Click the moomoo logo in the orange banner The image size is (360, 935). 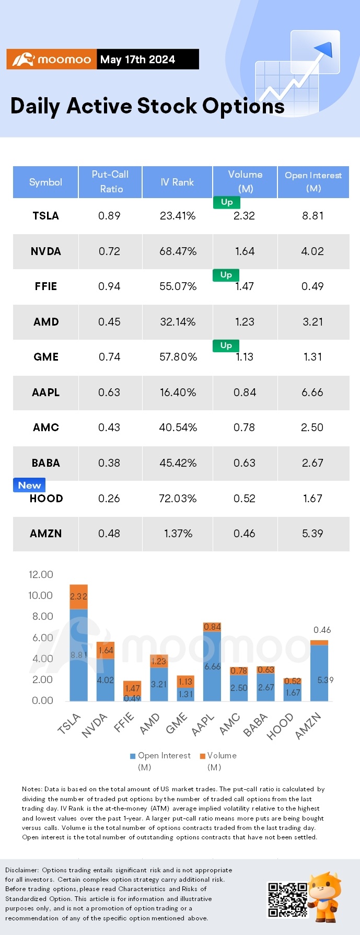point(51,60)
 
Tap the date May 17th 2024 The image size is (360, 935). point(137,60)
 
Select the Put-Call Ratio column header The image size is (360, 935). point(110,182)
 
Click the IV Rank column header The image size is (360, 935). point(177,182)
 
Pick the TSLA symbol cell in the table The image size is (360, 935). point(46,216)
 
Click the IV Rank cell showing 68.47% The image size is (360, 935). point(178,251)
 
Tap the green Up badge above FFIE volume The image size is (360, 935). point(226,275)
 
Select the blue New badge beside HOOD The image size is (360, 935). point(29,485)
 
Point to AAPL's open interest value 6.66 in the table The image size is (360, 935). point(312,393)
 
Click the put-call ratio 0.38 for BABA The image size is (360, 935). point(109,463)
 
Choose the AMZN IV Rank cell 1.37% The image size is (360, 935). point(178,534)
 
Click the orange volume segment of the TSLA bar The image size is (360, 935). point(79,597)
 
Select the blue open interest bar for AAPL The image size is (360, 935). point(212,666)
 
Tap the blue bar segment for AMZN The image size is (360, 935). point(319,673)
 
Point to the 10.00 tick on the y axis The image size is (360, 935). point(41,595)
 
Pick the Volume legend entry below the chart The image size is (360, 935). point(218,761)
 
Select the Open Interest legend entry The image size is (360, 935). point(160,761)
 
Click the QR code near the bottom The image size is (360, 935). point(287,899)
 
